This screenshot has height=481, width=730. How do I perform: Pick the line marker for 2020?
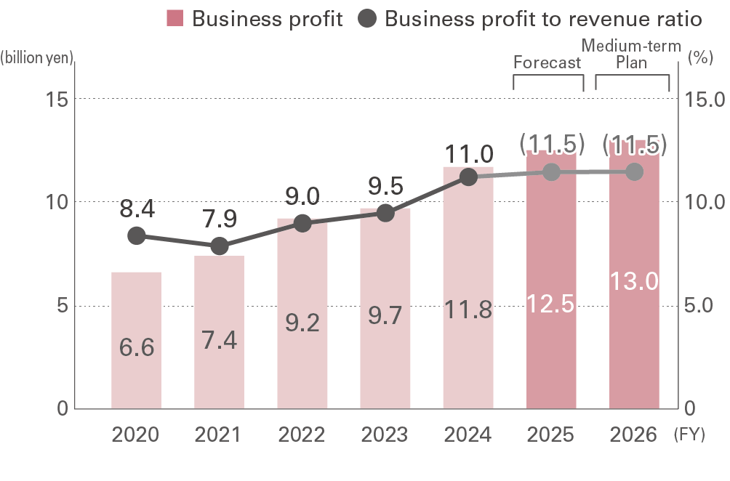click(136, 236)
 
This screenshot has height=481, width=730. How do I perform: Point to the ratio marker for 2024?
click(468, 177)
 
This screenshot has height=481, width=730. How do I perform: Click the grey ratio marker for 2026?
click(634, 171)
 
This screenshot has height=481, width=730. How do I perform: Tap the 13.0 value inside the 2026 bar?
click(634, 280)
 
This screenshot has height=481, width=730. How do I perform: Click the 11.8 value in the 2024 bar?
click(468, 310)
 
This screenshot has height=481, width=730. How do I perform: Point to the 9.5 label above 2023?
click(385, 186)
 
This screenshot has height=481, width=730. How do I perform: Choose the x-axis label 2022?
click(302, 435)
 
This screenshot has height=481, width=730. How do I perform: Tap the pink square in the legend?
click(175, 19)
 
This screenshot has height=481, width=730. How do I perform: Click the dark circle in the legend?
click(368, 19)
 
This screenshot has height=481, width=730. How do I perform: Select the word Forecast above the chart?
click(547, 62)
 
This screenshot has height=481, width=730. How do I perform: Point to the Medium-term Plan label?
click(631, 54)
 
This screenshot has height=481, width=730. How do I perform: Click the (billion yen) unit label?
click(38, 59)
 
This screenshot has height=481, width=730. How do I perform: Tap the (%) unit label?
click(699, 59)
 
